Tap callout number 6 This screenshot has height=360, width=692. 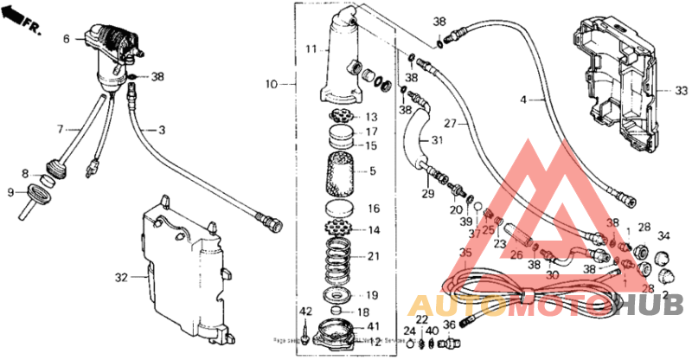67,39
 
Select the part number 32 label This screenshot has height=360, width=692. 122,278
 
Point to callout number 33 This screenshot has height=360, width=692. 659,90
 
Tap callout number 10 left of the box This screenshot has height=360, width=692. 272,85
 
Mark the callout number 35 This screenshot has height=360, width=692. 466,254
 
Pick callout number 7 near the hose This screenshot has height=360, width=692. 61,129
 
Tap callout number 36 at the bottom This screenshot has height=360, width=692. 448,324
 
